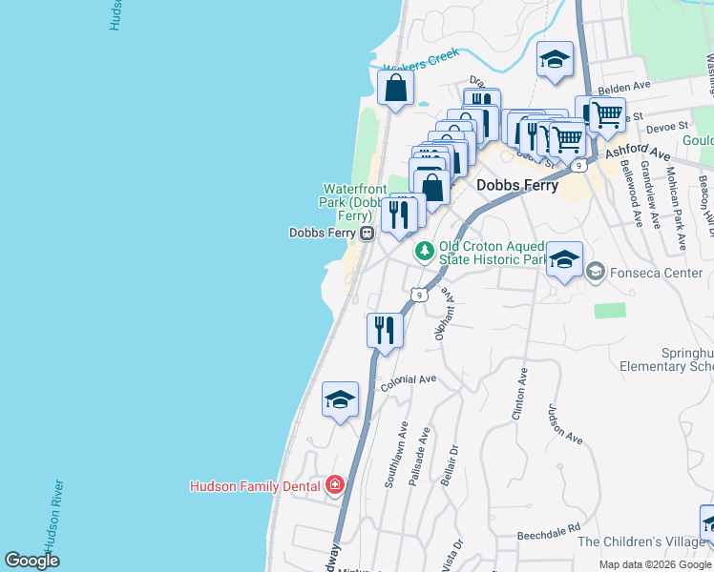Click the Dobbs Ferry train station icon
pos(366,234)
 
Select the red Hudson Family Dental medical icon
pos(334,485)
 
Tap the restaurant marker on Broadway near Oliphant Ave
pos(385,331)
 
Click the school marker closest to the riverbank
pos(340,400)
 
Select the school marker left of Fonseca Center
pos(564,260)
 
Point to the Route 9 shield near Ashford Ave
pos(579,166)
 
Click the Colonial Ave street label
pos(409,380)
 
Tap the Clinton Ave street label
pos(520,393)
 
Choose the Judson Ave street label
pos(564,424)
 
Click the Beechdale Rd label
pos(548,528)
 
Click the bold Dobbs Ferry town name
pos(516,187)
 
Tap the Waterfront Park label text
pos(352,202)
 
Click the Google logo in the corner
pos(32,560)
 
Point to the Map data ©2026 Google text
pos(654,564)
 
